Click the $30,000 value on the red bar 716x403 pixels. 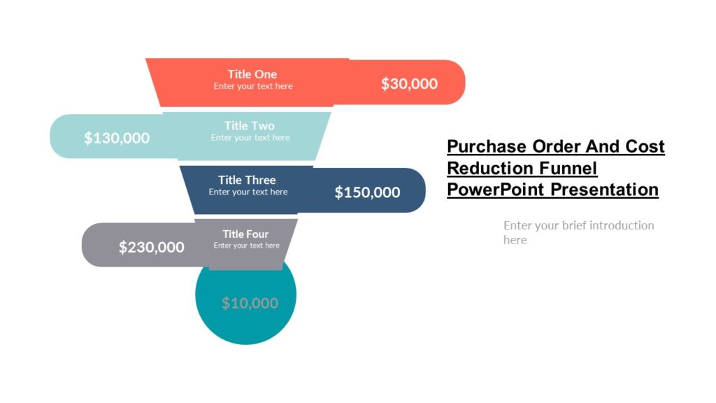(409, 84)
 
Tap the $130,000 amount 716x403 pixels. (117, 138)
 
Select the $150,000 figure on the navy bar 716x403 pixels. (367, 192)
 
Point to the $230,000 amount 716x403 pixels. (151, 247)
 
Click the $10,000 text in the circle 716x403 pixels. (250, 303)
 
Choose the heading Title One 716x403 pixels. (252, 74)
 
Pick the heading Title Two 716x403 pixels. (249, 126)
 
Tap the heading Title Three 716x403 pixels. (247, 180)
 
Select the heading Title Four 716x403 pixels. (245, 234)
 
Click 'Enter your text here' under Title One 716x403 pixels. (253, 86)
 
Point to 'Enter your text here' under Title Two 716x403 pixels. (250, 138)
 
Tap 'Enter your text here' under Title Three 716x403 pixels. (248, 192)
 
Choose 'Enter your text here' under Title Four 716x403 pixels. (246, 246)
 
